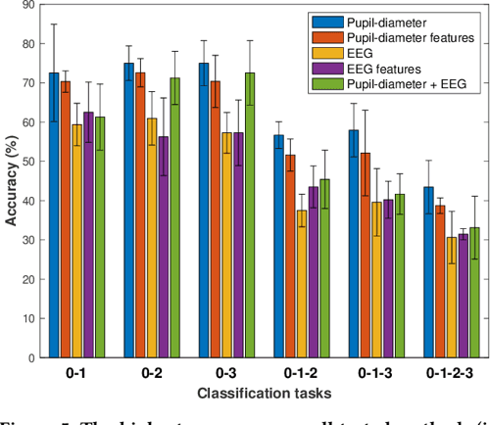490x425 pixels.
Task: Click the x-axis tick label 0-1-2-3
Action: [452, 373]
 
